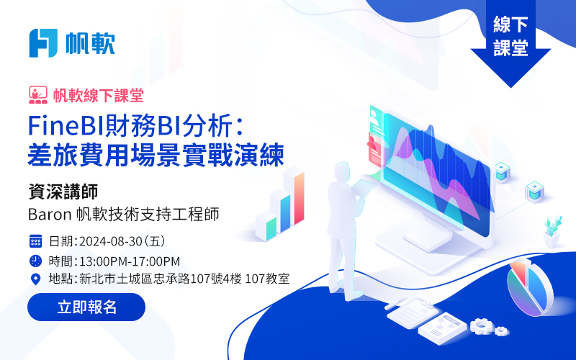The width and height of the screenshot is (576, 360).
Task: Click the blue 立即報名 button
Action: [86, 307]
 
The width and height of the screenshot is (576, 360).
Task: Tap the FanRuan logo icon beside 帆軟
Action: [43, 43]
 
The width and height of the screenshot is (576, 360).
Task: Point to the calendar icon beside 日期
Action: [35, 240]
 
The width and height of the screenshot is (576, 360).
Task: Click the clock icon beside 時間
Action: [35, 260]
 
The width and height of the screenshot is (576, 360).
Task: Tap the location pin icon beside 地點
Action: [35, 279]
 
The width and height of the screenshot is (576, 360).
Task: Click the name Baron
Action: [48, 214]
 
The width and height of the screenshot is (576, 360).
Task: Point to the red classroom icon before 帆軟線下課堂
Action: [38, 94]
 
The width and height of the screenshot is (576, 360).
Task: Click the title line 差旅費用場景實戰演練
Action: [156, 153]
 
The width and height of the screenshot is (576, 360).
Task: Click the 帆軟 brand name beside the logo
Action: [89, 43]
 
